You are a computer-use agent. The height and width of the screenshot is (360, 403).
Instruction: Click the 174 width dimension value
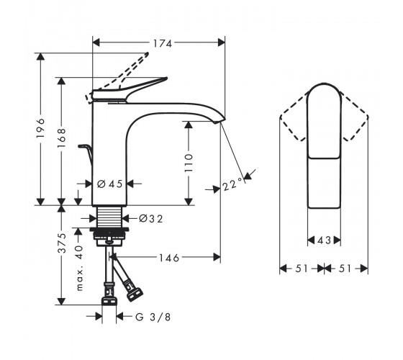163,43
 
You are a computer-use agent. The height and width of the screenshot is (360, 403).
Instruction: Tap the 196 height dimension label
40,128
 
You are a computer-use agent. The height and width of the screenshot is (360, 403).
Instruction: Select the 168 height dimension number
61,138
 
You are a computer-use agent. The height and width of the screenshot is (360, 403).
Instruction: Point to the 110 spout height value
189,163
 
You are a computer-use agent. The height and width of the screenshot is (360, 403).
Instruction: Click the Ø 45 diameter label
109,184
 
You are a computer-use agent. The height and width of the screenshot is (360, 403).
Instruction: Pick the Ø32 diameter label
151,219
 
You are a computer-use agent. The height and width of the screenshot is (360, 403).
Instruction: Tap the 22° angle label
232,184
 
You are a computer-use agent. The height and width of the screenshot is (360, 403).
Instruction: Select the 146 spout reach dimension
168,258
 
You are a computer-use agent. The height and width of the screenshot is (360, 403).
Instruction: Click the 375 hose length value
62,243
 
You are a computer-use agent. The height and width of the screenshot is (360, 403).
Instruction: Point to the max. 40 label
80,268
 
